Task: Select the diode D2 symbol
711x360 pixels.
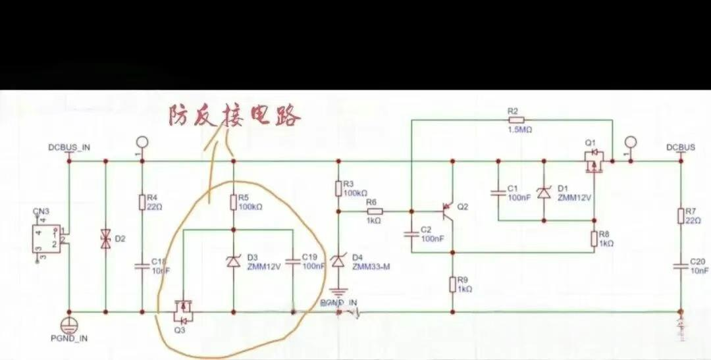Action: (x=105, y=238)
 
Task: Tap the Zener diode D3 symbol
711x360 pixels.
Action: (x=233, y=262)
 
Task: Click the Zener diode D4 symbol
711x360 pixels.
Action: (x=338, y=262)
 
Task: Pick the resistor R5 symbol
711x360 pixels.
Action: (x=233, y=201)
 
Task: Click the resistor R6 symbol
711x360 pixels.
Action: (x=373, y=212)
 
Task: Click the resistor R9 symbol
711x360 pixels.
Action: (x=452, y=284)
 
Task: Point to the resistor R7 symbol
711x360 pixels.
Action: (x=680, y=215)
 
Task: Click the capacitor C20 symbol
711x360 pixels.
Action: (x=680, y=266)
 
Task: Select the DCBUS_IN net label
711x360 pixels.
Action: (x=69, y=147)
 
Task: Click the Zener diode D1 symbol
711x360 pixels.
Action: (x=544, y=192)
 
